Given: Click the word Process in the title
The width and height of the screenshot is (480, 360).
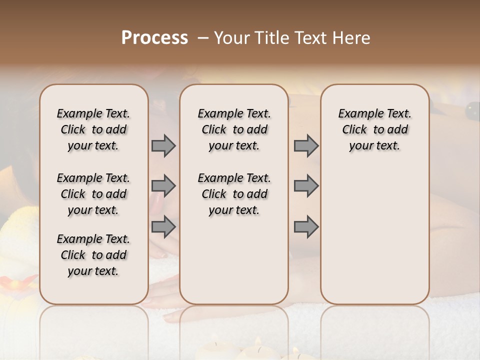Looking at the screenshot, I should (x=154, y=38).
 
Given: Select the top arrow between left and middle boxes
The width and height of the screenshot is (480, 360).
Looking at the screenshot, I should (x=163, y=146).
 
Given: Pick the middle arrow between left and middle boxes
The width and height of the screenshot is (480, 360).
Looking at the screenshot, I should (x=163, y=186).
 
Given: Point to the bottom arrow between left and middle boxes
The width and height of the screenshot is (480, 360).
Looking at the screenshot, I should (x=163, y=227).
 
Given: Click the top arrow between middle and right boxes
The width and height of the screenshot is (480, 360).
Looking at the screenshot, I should (x=306, y=146).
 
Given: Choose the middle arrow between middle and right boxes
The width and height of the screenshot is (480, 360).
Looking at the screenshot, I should (x=306, y=186).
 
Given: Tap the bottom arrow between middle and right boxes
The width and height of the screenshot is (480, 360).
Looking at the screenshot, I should (x=306, y=227).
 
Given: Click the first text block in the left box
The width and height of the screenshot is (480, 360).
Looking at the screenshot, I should (x=93, y=129).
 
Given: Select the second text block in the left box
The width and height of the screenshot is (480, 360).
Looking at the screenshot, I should (x=93, y=194).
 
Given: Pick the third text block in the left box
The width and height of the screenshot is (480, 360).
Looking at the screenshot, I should (x=93, y=255).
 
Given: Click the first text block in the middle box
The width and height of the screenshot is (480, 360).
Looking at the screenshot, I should (x=234, y=129).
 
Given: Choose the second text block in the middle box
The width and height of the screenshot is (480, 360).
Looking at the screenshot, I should (x=234, y=194).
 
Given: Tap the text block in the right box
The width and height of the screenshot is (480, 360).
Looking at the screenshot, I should (x=375, y=129).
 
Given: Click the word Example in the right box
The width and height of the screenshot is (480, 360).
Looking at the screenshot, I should (x=357, y=114).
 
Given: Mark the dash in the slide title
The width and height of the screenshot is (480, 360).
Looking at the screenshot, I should (x=203, y=38).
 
